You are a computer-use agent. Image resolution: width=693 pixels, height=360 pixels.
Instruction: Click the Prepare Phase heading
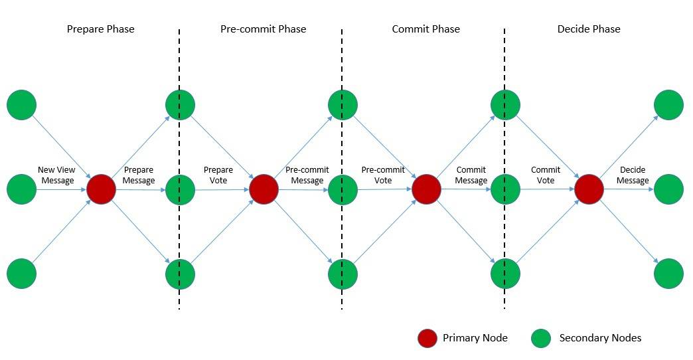pos(101,29)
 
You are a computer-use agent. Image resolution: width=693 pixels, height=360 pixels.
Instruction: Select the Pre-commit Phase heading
pos(263,29)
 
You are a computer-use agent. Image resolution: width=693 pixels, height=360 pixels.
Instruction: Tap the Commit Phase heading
pos(425,29)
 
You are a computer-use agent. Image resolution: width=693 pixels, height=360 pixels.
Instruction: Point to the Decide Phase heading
pos(589,29)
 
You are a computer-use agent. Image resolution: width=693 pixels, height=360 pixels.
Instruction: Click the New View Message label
pos(56,175)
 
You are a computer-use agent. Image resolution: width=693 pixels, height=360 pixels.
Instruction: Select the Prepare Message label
pos(139,175)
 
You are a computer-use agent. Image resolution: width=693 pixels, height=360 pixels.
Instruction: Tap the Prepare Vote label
pos(218,175)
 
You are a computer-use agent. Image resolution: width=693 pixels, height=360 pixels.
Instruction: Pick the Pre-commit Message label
pos(307,175)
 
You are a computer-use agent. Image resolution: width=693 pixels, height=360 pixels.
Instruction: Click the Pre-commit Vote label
pos(383,175)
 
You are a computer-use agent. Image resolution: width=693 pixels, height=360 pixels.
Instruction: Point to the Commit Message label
pos(471,175)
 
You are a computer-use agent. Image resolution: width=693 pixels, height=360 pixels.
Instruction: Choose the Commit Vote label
pos(546,175)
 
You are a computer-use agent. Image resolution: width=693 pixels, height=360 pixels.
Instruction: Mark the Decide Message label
pos(633,175)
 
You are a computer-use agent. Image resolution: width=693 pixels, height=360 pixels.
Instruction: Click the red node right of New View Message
pos(101,189)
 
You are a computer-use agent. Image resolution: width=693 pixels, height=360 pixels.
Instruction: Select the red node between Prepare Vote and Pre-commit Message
pos(264,189)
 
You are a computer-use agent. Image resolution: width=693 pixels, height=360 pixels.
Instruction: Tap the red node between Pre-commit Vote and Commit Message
pos(426,189)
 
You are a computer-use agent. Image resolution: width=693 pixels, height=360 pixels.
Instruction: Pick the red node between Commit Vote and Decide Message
pos(589,189)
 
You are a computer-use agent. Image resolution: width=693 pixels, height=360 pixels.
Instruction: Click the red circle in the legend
pos(427,338)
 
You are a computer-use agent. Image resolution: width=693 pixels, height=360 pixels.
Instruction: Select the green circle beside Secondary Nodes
pos(542,338)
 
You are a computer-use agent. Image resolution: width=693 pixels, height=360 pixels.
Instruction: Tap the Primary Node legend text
pos(475,338)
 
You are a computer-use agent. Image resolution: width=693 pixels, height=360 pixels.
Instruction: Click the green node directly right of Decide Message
pos(668,189)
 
